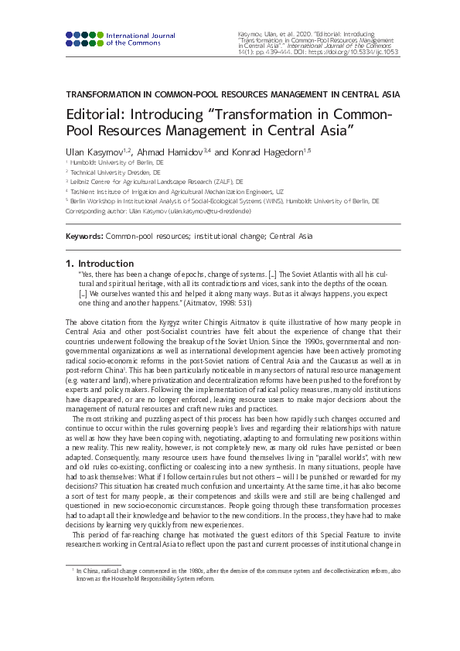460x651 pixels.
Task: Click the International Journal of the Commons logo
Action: pyautogui.click(x=121, y=39)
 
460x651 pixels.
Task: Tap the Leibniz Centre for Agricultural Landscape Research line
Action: pyautogui.click(x=157, y=182)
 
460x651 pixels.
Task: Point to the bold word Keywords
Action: pyautogui.click(x=84, y=236)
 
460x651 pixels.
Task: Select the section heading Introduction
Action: pyautogui.click(x=106, y=264)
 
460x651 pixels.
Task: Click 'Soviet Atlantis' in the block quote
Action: pyautogui.click(x=319, y=274)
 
